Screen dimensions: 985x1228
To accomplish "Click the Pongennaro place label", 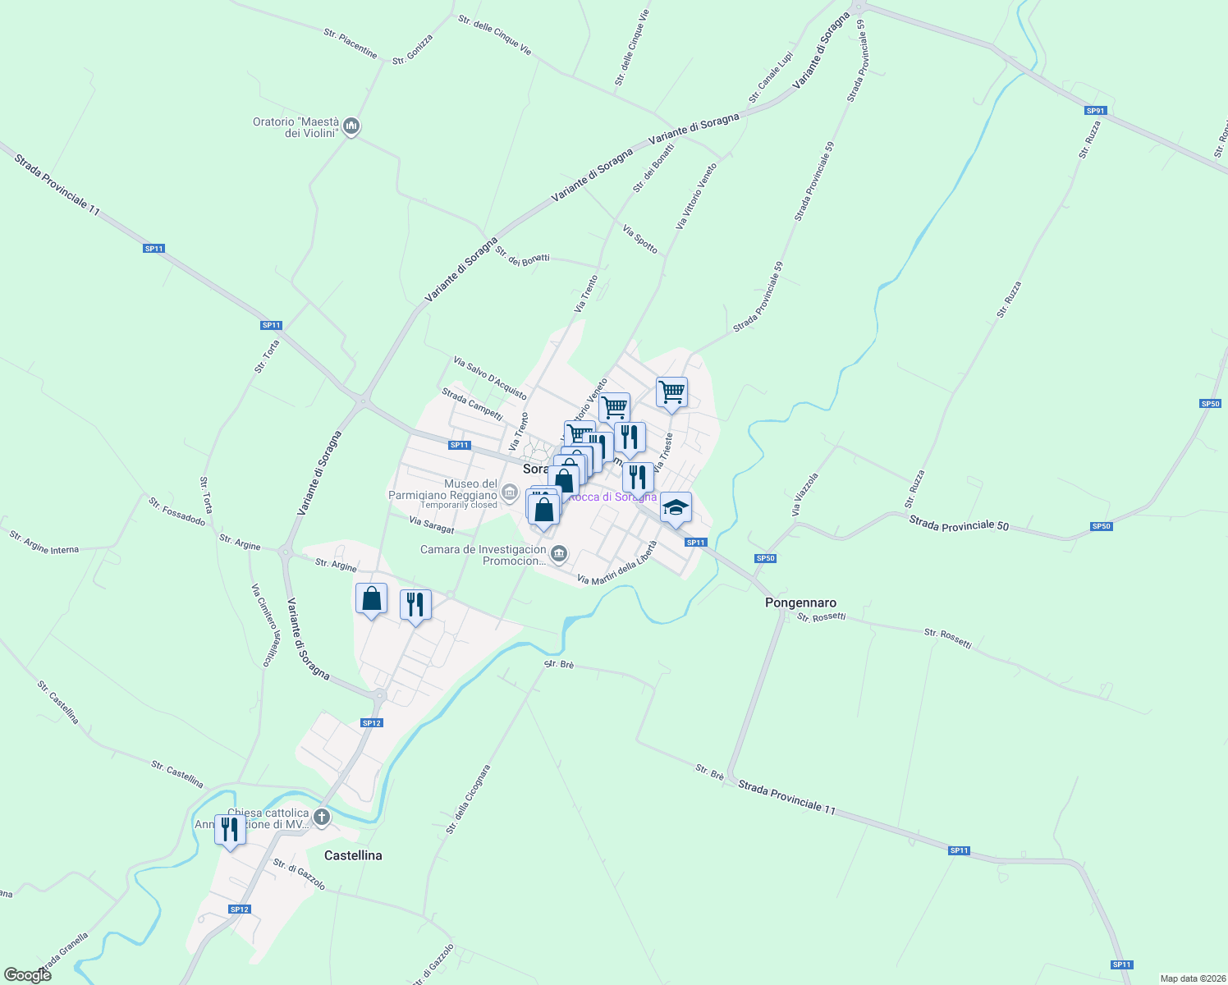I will tap(800, 602).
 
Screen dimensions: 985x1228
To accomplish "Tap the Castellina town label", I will tap(353, 855).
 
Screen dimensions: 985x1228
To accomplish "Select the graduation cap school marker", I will tap(676, 508).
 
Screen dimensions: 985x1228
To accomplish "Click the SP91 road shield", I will tap(1095, 111).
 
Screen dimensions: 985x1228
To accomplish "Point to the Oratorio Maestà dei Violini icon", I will tap(352, 126).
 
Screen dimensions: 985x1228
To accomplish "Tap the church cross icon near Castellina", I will tap(322, 818).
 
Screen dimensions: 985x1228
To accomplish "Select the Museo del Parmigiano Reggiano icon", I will tap(510, 493).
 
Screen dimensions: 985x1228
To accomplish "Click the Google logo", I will tap(27, 974).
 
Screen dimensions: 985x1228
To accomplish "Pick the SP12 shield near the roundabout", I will tap(372, 723).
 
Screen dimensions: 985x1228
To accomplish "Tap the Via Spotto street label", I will tap(640, 240).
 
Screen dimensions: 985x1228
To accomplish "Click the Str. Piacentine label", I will tap(351, 44).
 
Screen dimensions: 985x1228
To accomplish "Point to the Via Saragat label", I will tap(431, 525).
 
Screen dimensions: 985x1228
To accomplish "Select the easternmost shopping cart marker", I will tap(671, 392).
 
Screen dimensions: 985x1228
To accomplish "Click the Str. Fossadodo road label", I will tap(176, 511).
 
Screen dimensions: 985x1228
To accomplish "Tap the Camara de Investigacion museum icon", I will tap(559, 555).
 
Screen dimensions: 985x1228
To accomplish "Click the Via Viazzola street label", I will tap(805, 494).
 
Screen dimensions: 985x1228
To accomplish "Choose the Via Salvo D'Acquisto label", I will tap(490, 378).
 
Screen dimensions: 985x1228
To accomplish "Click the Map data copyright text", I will tap(1192, 978).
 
